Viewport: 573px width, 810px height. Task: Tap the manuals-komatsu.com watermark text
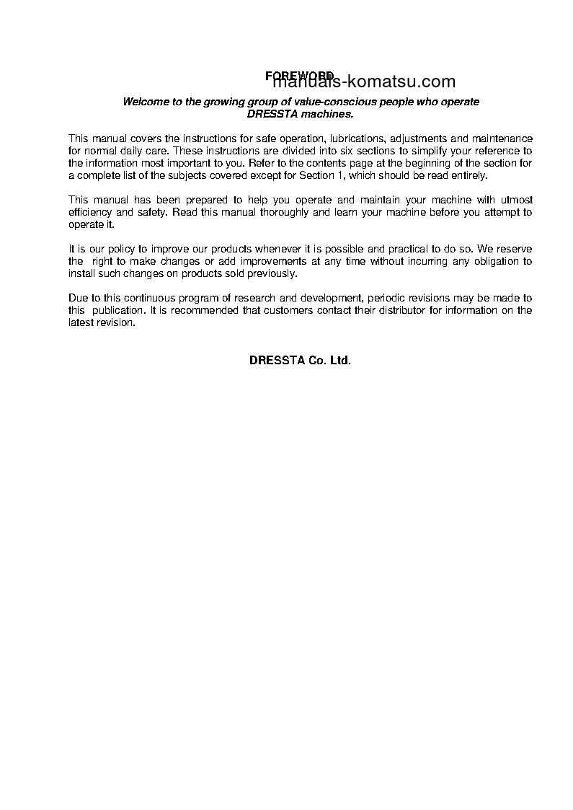(x=365, y=82)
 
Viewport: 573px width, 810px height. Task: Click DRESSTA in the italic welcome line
(x=268, y=114)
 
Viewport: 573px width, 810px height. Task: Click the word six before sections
(x=347, y=151)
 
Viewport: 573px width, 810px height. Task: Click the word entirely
(x=469, y=175)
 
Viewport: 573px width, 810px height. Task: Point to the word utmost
(x=514, y=200)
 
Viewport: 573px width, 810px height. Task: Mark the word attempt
(x=498, y=212)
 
